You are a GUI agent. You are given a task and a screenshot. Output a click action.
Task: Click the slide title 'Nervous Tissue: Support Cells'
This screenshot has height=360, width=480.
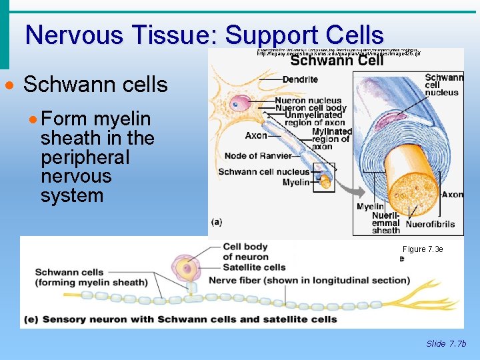tap(204, 35)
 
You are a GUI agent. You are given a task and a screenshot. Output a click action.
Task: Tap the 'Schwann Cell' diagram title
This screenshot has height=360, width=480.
tap(337, 61)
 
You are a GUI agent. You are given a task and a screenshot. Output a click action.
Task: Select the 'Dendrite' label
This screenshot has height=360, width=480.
tap(300, 79)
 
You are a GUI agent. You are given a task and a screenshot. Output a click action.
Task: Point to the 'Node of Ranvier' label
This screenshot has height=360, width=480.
tap(258, 156)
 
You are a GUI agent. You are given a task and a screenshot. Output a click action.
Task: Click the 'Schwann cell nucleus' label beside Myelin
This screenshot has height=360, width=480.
tap(264, 172)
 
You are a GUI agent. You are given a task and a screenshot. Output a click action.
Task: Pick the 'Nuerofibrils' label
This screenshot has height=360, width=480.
tap(430, 224)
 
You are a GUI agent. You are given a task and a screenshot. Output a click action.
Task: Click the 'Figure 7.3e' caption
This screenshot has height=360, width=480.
tap(423, 249)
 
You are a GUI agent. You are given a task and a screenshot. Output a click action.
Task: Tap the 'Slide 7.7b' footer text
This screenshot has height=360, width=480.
tap(446, 344)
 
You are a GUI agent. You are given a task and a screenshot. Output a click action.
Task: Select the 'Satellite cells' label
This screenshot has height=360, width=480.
tap(254, 267)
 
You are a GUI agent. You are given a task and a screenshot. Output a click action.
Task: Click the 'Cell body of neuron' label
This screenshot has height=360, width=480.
tap(245, 251)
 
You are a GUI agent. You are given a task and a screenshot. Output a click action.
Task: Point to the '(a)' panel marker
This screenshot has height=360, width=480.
tap(217, 222)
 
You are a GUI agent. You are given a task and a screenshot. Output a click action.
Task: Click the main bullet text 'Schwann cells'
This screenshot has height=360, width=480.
tap(95, 85)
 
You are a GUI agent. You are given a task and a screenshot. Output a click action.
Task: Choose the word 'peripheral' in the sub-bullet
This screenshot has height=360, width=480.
tap(85, 157)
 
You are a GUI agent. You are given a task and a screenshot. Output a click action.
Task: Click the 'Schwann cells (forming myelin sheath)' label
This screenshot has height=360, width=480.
tap(91, 277)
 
